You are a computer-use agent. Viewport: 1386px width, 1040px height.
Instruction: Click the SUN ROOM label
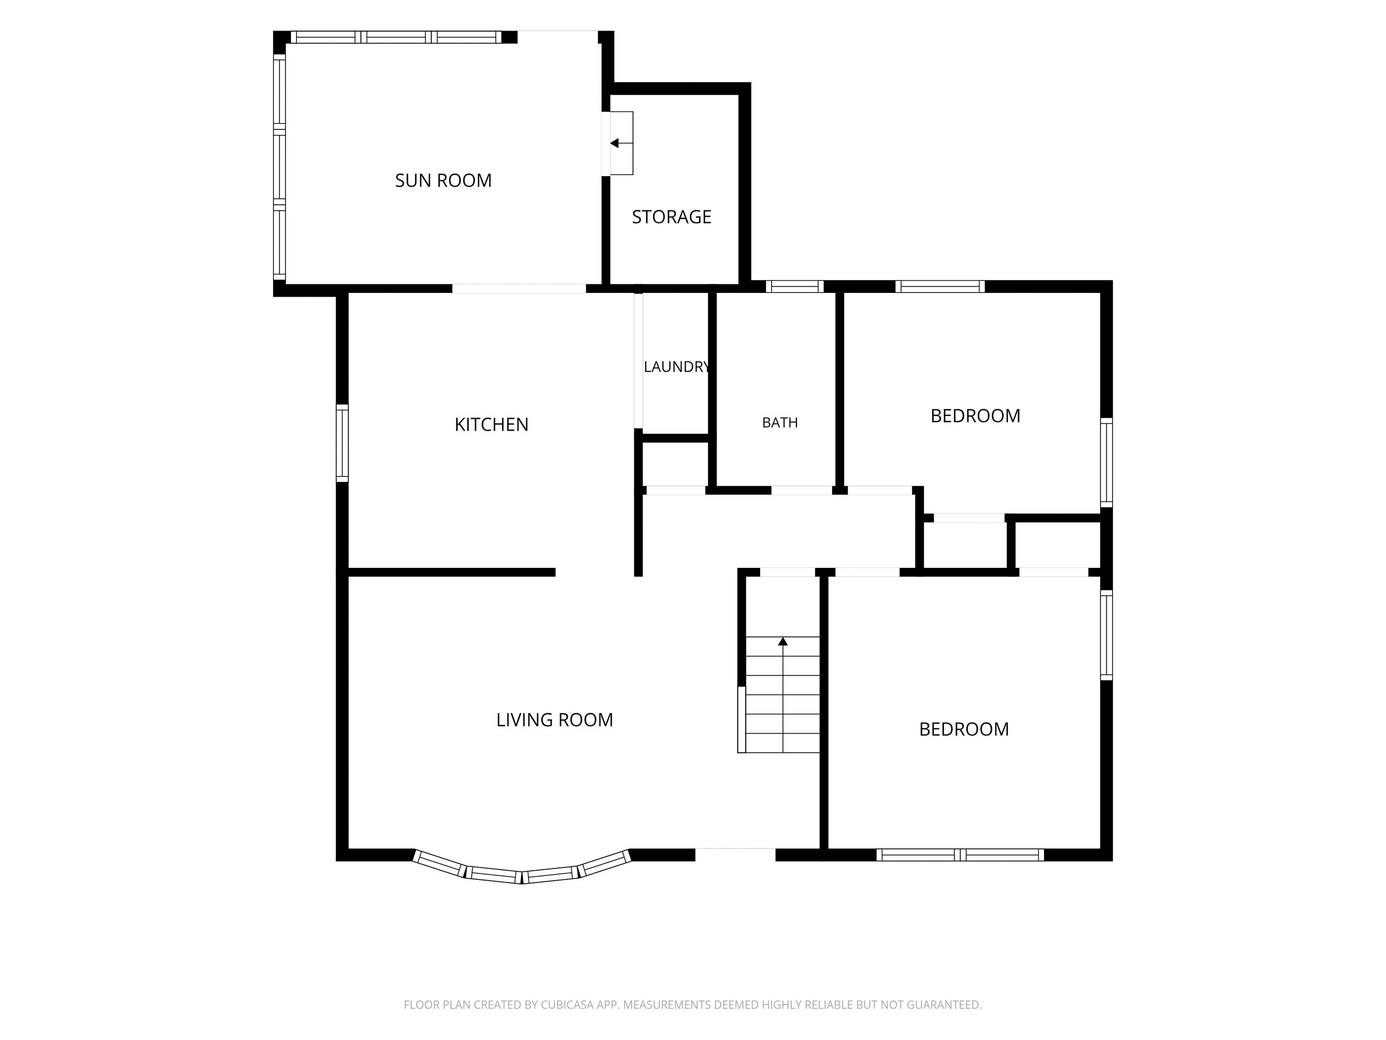[x=443, y=181]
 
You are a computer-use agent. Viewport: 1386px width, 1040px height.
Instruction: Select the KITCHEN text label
[x=491, y=425]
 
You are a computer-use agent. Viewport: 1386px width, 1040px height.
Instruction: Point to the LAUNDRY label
[x=677, y=367]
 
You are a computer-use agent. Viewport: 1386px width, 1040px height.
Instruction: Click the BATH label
[x=780, y=422]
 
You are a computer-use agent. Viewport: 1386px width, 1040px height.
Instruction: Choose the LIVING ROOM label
[x=554, y=720]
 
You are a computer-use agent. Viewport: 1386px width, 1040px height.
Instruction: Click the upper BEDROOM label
[x=975, y=416]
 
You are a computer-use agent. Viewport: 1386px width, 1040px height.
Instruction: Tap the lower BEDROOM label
[x=964, y=729]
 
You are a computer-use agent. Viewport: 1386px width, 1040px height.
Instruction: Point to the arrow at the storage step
[x=621, y=144]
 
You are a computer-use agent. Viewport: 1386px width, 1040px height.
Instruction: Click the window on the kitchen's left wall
[x=342, y=443]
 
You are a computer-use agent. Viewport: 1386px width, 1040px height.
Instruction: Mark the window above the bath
[x=795, y=287]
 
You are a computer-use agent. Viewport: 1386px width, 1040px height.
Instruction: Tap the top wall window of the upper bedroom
[x=940, y=287]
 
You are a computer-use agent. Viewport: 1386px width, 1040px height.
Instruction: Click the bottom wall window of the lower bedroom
[x=961, y=855]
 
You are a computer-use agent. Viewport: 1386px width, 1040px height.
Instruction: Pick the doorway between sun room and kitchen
[x=519, y=289]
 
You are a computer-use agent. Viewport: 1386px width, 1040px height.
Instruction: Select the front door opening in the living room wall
[x=735, y=855]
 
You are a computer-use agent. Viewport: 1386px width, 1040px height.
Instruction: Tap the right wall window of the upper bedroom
[x=1107, y=463]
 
